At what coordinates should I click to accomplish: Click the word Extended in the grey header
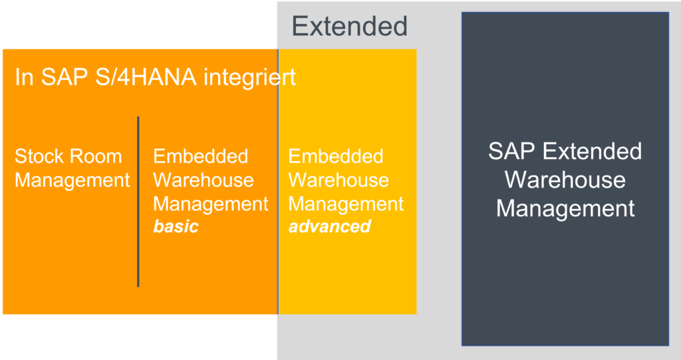pos(349,27)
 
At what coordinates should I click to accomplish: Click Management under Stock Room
pos(72,180)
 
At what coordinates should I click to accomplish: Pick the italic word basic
pos(176,226)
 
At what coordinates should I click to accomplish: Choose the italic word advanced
pos(329,226)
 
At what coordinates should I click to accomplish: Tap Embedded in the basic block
pos(200,157)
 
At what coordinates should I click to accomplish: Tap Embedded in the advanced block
pos(336,157)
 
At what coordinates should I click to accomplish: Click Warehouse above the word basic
pos(204,180)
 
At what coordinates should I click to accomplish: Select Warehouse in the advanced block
pos(339,180)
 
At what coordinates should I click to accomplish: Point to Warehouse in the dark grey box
pos(565,180)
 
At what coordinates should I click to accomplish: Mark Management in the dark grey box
pos(565,208)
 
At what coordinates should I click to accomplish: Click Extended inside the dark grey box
pos(591,151)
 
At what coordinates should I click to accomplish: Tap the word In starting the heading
pos(24,77)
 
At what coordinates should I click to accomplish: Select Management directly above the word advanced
pos(346,204)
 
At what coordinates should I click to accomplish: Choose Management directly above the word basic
pos(211,204)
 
